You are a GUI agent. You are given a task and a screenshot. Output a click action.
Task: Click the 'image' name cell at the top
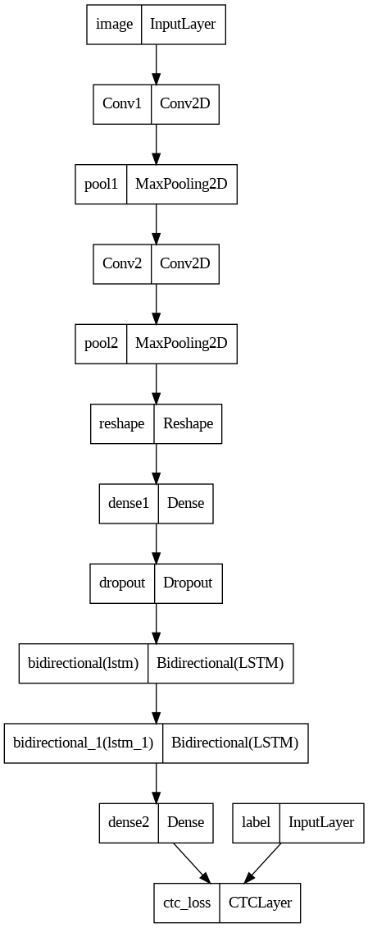(114, 25)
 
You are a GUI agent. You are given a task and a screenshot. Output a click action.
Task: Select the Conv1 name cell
(122, 103)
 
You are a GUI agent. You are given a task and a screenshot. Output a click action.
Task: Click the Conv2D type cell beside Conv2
(185, 263)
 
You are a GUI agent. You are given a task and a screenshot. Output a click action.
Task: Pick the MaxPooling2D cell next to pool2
(181, 342)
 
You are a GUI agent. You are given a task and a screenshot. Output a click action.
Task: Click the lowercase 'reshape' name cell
(121, 423)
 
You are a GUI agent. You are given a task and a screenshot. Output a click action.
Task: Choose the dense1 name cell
(129, 502)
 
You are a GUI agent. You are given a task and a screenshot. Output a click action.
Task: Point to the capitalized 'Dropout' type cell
(188, 583)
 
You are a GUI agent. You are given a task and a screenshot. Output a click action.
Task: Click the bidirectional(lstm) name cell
(83, 663)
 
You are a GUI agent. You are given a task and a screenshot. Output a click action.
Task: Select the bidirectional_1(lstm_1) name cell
(83, 743)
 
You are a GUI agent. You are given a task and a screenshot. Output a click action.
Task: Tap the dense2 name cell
(129, 822)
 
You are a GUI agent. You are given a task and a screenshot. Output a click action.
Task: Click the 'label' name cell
(257, 822)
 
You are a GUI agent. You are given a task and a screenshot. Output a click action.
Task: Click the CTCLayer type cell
(260, 903)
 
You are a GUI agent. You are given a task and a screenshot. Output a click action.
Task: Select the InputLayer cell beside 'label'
(320, 822)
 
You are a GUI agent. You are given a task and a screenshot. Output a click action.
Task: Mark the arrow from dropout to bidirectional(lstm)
(156, 623)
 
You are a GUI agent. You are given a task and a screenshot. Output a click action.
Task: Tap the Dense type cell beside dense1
(185, 502)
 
